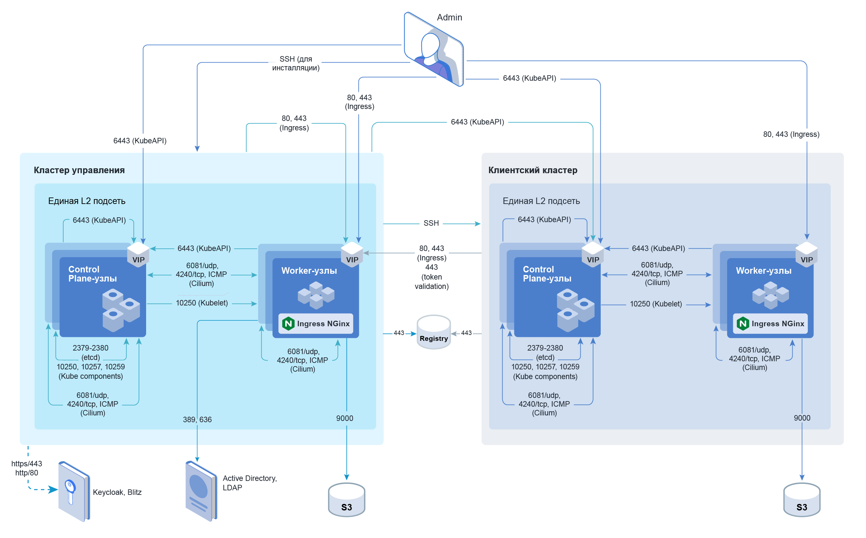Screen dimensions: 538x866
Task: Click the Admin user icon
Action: (x=433, y=50)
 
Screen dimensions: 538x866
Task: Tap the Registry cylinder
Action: (x=433, y=332)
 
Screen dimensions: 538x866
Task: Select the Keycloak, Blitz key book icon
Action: (x=74, y=492)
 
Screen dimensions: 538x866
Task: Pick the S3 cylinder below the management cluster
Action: (x=346, y=500)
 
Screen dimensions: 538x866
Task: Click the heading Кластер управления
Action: (x=79, y=170)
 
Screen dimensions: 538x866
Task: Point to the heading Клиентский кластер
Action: (x=533, y=170)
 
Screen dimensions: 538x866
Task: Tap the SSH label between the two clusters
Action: (x=431, y=223)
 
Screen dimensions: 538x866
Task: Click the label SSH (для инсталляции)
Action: (x=296, y=63)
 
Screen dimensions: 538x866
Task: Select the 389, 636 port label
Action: (x=197, y=420)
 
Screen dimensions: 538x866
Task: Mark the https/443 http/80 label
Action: (x=27, y=468)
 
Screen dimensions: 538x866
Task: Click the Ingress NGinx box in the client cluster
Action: (x=770, y=324)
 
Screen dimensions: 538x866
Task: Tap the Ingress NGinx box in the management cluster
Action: (x=316, y=324)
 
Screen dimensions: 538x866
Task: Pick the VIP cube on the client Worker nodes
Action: (x=807, y=255)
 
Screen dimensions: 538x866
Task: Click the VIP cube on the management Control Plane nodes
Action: (x=138, y=255)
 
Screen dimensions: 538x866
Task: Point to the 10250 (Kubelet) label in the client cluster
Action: (x=656, y=304)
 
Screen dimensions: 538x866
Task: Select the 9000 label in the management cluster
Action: (x=345, y=418)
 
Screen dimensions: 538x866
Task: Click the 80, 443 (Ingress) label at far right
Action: (x=791, y=134)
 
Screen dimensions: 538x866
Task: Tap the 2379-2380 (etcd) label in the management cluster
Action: (x=91, y=352)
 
